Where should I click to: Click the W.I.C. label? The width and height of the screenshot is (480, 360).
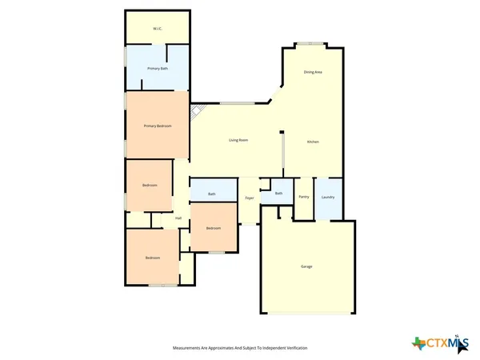coord(158,29)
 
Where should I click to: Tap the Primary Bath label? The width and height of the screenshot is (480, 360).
coord(158,69)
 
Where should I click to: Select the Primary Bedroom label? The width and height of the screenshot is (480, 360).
coord(158,126)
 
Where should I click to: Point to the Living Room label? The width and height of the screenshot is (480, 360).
coord(238,140)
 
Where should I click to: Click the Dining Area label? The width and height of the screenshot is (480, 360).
coord(313,72)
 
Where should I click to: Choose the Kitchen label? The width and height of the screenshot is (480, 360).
coord(314,142)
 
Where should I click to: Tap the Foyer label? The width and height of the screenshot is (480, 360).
coord(250,197)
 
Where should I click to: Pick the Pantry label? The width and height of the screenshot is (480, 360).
coord(303,197)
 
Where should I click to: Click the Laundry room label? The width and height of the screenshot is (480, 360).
coord(327,197)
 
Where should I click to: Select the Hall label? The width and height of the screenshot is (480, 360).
coord(178,218)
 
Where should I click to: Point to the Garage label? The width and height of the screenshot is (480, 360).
coord(306,266)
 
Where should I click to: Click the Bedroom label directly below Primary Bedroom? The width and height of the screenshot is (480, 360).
coord(150,185)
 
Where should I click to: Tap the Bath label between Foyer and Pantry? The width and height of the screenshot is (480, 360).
coord(279,193)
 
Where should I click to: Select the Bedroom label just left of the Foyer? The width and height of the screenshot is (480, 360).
coord(213,228)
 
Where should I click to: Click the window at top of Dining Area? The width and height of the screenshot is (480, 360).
coord(309,42)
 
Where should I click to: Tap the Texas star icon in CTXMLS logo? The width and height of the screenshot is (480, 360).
coord(418,343)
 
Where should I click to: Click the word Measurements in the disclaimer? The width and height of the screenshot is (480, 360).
coord(189,348)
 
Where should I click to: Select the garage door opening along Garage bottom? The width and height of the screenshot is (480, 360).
coord(306,313)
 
